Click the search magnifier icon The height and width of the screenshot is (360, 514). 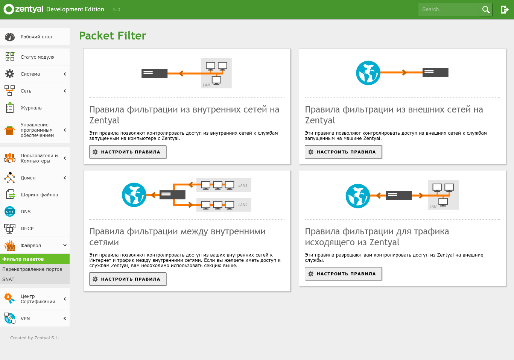[486, 9]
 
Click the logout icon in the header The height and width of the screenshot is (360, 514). [504, 9]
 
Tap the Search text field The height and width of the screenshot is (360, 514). [449, 9]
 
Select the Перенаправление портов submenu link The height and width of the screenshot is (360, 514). [32, 269]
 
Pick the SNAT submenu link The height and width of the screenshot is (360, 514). [8, 279]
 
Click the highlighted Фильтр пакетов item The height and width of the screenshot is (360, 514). [23, 259]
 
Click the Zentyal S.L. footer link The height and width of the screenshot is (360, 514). [47, 338]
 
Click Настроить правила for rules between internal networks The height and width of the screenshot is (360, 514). [128, 279]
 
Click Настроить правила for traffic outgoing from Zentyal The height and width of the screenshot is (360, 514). [343, 274]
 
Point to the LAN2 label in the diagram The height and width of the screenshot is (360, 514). [243, 205]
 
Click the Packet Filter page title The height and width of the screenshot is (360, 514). [113, 36]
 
